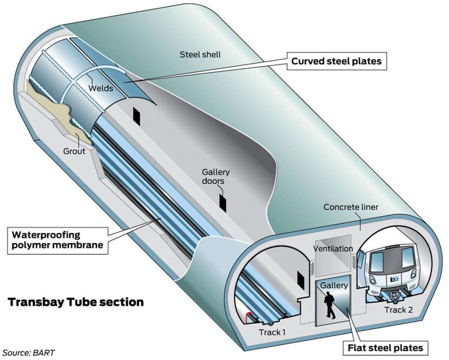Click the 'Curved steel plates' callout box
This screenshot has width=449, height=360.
pos(336,61)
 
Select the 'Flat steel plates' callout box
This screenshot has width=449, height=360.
pos(385,348)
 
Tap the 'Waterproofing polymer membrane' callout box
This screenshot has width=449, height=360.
pos(58,240)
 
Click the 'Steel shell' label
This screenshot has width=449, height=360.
pos(200,55)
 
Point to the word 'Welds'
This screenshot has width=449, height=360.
pos(101,88)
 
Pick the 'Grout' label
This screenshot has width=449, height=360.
pos(74,151)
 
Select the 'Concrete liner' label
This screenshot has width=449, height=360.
pos(351,207)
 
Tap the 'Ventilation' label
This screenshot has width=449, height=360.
pos(333,249)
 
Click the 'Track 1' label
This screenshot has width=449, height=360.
pos(272,332)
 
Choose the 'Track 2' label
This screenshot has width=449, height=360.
pos(399,310)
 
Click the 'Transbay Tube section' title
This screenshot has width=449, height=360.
pos(76,302)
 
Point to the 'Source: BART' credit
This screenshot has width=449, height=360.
pos(28,353)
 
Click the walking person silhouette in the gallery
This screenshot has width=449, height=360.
pos(329,305)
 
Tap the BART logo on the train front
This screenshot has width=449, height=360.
pos(394,279)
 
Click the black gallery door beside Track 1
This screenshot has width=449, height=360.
pos(300,281)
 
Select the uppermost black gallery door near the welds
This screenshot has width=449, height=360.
pos(137,117)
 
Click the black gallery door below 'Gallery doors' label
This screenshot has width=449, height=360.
pos(223,203)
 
